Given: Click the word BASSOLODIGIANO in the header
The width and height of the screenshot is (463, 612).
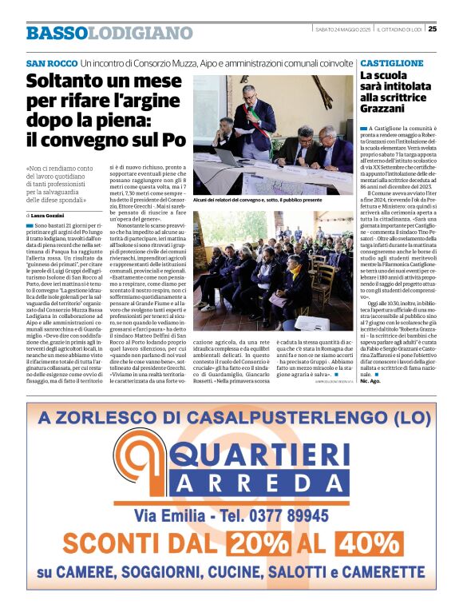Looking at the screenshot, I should tap(109, 33).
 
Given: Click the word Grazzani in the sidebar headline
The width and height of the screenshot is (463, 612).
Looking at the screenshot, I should tap(386, 106).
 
